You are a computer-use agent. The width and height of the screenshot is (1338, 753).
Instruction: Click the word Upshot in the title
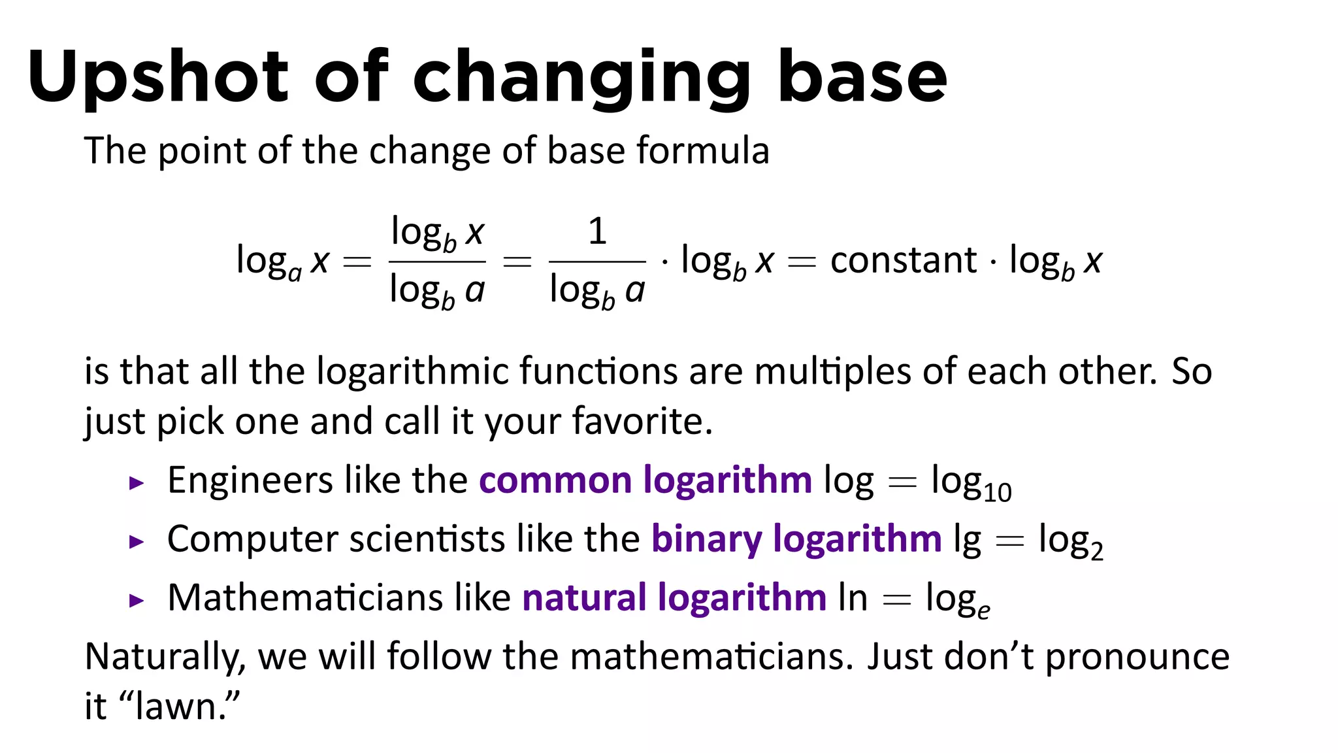pyautogui.click(x=157, y=77)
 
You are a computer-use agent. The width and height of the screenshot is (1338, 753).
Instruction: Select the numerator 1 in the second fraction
pyautogui.click(x=597, y=231)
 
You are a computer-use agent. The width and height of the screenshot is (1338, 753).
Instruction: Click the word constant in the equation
pyautogui.click(x=903, y=260)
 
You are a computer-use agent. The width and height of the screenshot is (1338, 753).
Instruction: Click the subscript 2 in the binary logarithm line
pyautogui.click(x=1096, y=551)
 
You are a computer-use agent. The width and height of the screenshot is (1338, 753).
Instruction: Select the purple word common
pyautogui.click(x=555, y=480)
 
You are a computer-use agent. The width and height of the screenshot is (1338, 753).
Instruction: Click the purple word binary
pyautogui.click(x=706, y=539)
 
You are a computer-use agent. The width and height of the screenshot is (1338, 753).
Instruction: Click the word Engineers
pyautogui.click(x=250, y=481)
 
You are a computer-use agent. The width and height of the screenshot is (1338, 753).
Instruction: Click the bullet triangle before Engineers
pyautogui.click(x=136, y=484)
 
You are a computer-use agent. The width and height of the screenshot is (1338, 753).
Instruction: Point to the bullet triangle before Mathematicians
pyautogui.click(x=136, y=601)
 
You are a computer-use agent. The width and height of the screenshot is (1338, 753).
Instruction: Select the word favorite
pyautogui.click(x=641, y=421)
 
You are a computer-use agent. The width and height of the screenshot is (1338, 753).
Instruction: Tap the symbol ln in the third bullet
pyautogui.click(x=853, y=597)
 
